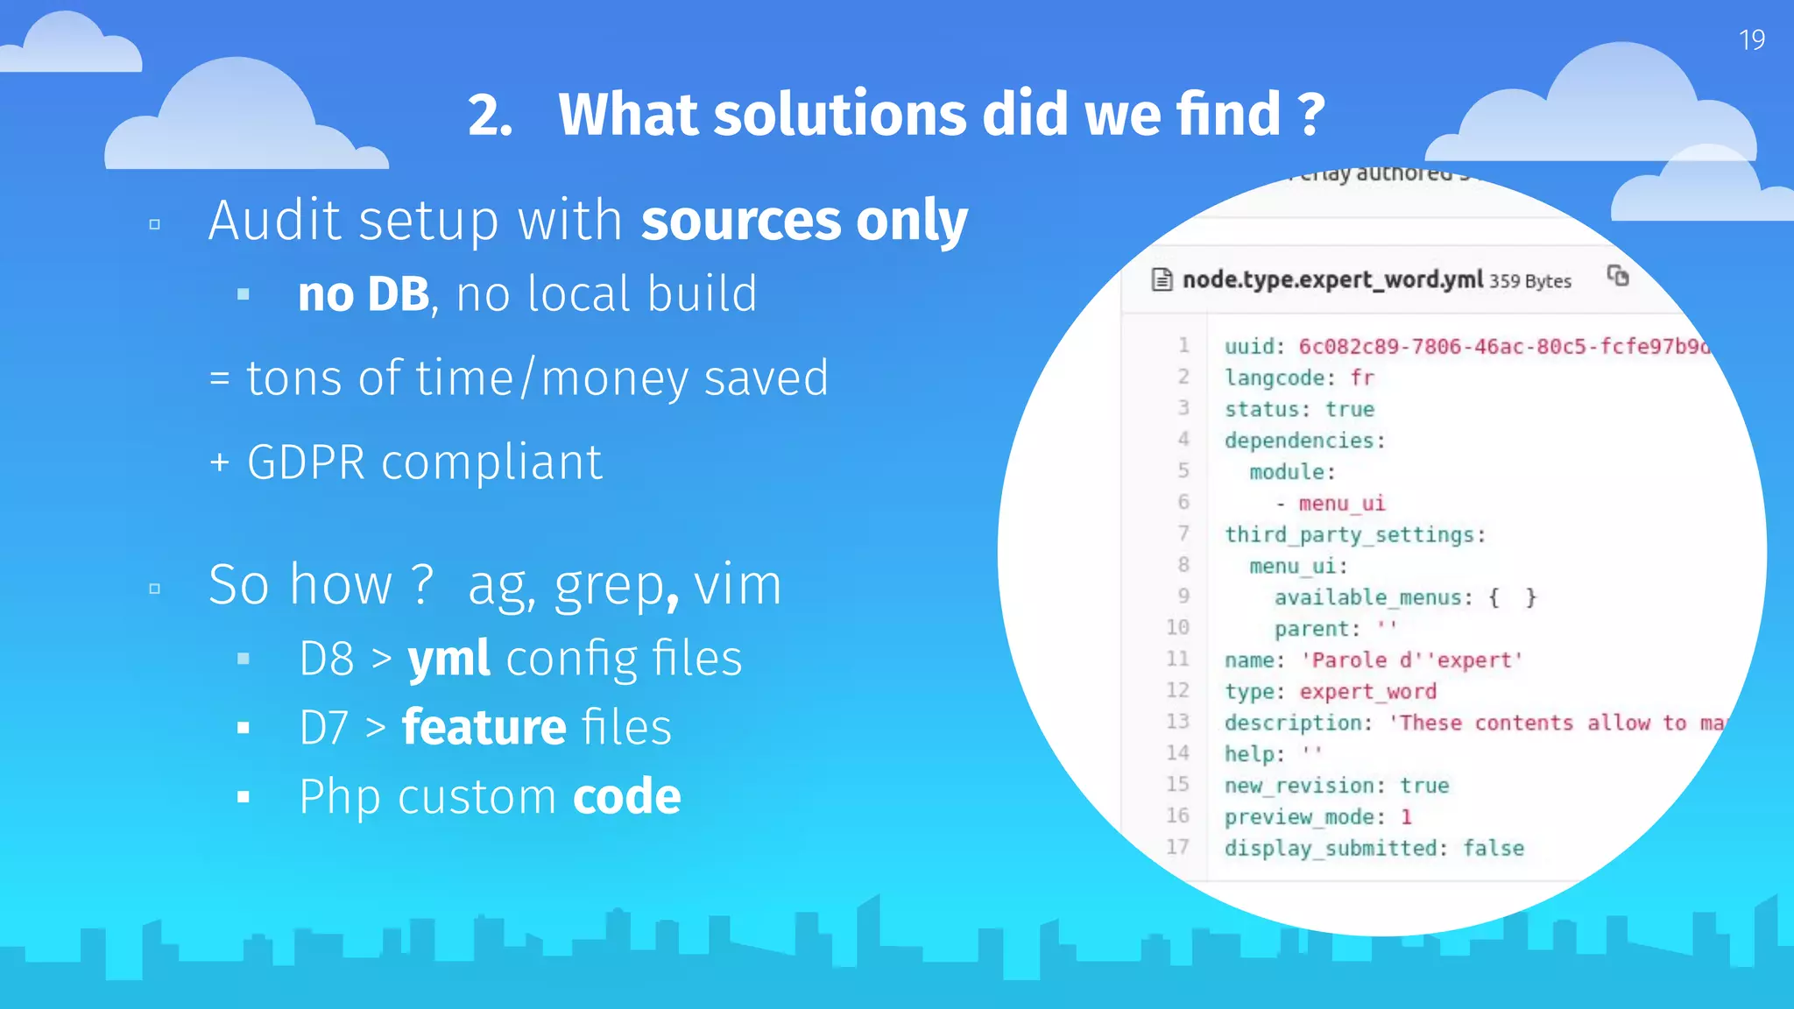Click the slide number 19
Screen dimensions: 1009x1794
coord(1751,40)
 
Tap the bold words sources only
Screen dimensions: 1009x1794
coord(804,220)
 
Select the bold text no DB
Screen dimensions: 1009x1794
coord(364,294)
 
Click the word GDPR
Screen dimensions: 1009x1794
coord(306,462)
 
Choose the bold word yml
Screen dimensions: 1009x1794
coord(448,659)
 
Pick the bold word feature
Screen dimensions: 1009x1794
coord(484,728)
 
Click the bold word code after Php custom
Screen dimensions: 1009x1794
coord(626,797)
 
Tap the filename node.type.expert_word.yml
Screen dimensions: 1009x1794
coord(1332,280)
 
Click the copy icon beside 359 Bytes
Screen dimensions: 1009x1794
coord(1617,277)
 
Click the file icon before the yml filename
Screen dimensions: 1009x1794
coord(1162,280)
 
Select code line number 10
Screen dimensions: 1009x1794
coord(1177,628)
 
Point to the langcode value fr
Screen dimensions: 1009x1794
coord(1362,378)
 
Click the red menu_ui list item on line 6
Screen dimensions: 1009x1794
coord(1341,504)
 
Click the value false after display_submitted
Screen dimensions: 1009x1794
coord(1493,849)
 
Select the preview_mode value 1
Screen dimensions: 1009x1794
coord(1406,817)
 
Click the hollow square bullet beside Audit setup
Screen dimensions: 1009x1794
coord(155,225)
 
